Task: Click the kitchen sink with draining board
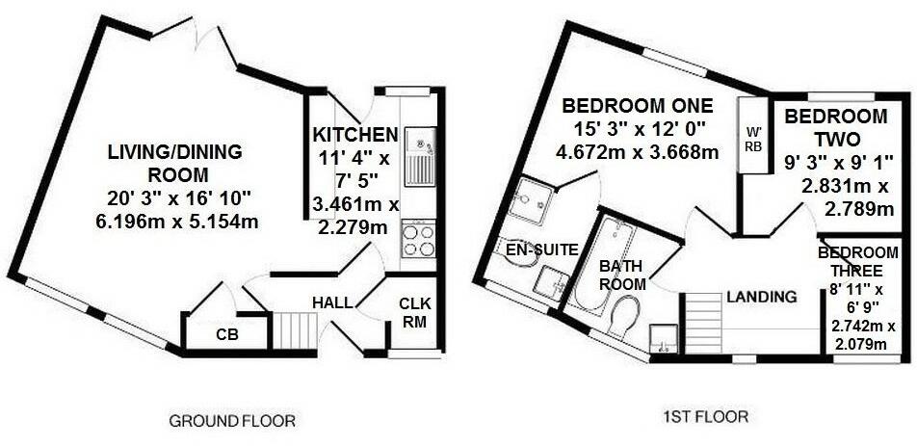tap(420, 156)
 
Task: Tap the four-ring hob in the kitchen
tap(419, 239)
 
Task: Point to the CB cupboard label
tap(228, 334)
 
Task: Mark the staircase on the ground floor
tap(296, 329)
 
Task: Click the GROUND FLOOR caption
tap(232, 421)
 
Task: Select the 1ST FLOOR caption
tap(705, 417)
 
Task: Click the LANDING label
tap(762, 297)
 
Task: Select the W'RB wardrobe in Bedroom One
tap(753, 135)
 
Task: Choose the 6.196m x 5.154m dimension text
tap(183, 222)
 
